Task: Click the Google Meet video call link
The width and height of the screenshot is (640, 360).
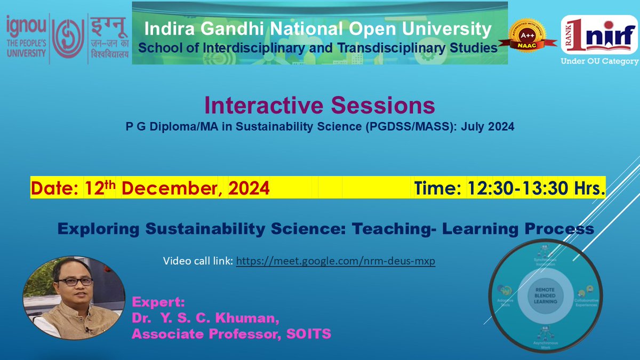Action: (335, 262)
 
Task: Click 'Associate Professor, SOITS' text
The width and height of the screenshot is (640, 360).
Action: (231, 334)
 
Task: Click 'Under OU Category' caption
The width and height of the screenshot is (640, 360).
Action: (599, 61)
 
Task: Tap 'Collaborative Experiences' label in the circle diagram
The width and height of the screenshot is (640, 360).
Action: (586, 302)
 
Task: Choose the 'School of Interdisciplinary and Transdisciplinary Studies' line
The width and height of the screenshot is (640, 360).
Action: (318, 48)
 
